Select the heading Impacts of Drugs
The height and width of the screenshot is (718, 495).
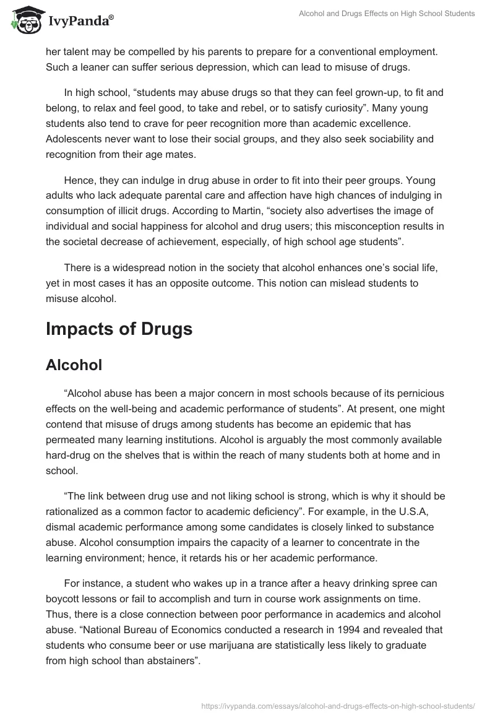click(119, 329)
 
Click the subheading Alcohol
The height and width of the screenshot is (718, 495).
click(74, 365)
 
